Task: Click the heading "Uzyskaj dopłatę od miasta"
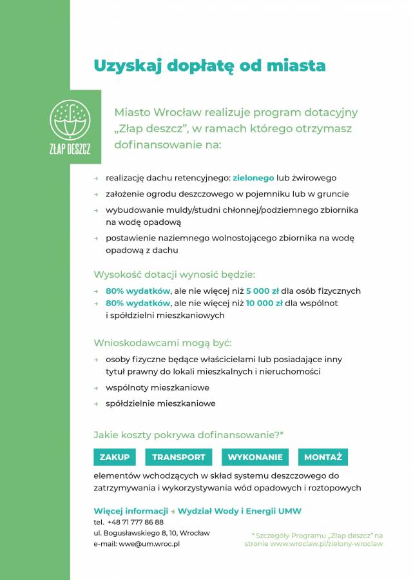tap(209, 66)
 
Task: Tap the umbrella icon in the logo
tap(70, 119)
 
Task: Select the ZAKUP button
tap(115, 458)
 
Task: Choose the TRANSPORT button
tap(178, 458)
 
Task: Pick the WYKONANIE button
tap(255, 458)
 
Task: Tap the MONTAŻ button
tap(323, 458)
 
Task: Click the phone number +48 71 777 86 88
tap(135, 522)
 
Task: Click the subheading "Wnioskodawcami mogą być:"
tap(162, 342)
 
